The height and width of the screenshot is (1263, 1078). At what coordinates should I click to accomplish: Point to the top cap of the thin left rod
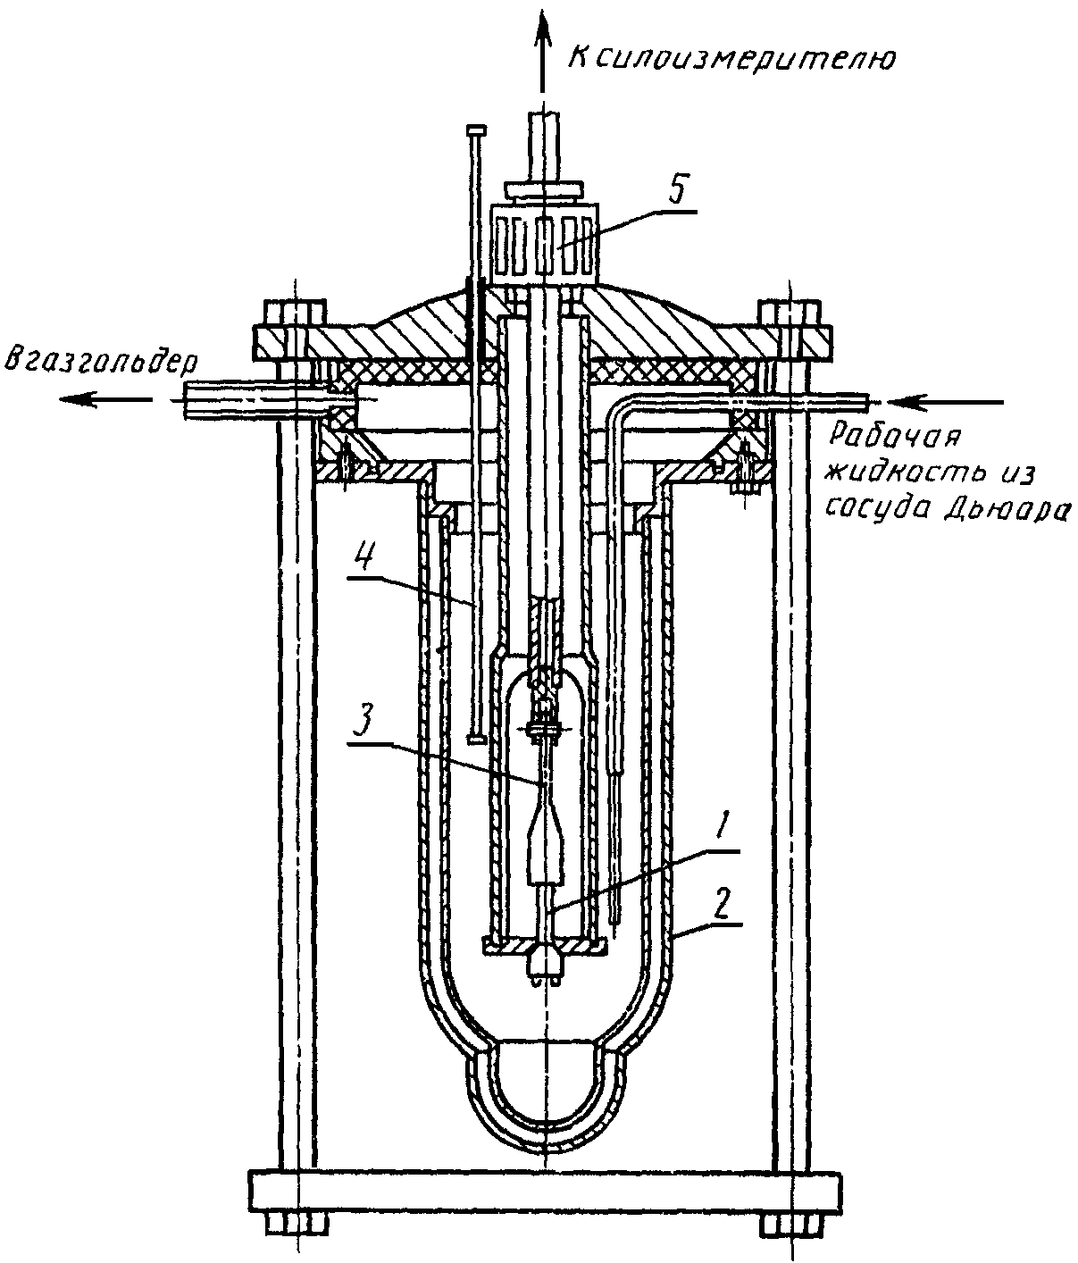coord(476,130)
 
